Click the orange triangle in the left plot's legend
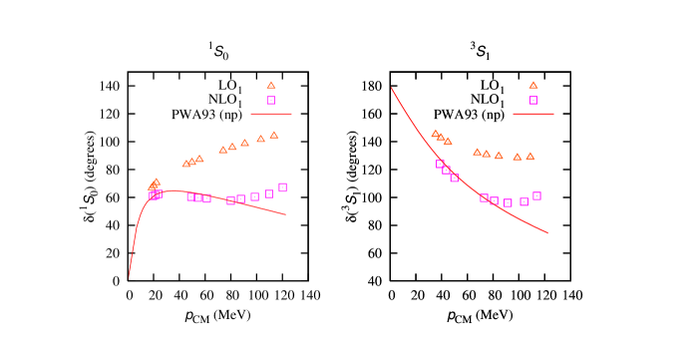click(271, 86)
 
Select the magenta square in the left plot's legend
click(271, 100)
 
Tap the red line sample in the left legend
click(271, 114)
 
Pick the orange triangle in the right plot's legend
click(533, 86)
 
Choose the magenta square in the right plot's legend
click(533, 100)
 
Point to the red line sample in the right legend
click(533, 114)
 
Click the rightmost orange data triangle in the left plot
click(274, 135)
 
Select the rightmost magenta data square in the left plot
click(283, 187)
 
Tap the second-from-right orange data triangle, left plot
click(261, 139)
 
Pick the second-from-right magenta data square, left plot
click(269, 193)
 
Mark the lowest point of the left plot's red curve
click(129, 276)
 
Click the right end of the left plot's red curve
click(286, 214)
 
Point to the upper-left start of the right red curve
click(391, 88)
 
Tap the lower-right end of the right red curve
click(547, 232)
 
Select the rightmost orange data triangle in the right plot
click(530, 156)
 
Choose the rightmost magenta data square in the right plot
click(537, 195)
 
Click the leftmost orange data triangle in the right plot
click(435, 134)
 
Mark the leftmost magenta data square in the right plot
click(440, 164)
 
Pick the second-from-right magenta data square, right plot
click(524, 201)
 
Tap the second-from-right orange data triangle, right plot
click(518, 157)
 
